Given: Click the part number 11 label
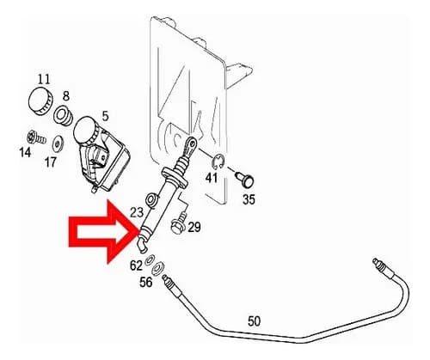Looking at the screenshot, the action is click(44, 79).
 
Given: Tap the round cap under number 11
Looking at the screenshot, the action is click(41, 101).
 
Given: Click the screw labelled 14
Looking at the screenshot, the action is click(37, 138).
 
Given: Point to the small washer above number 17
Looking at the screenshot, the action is click(58, 143).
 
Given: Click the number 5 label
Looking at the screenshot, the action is click(105, 117).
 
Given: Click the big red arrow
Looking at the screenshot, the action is click(104, 232).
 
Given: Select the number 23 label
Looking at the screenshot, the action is click(137, 212).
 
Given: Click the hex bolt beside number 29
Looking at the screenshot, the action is click(178, 223).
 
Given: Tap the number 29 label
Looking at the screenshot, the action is click(194, 228).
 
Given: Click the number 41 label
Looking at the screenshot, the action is click(212, 178).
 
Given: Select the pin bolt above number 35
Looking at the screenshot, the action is click(245, 180).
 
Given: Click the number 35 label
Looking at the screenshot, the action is click(249, 199).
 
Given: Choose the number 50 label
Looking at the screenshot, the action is click(255, 321).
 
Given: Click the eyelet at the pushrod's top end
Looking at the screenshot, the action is click(191, 143).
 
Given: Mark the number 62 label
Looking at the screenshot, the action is click(136, 265).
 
